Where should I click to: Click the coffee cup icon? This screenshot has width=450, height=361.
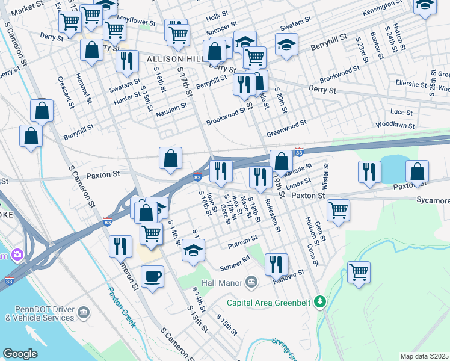152,276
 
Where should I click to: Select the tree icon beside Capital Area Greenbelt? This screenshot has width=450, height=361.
321,301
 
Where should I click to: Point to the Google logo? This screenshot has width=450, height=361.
20,354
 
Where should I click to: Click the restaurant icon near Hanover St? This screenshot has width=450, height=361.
276,263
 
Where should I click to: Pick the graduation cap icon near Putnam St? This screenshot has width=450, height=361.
193,250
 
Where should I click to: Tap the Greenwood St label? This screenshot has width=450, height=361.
287,126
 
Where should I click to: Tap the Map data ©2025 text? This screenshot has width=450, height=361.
425,356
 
